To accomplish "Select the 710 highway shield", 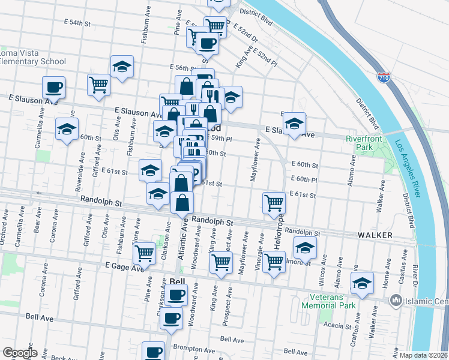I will (x=383, y=78).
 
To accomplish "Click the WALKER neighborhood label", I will (x=375, y=235).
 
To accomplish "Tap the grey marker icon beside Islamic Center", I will (x=396, y=299).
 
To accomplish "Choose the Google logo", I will (x=20, y=352).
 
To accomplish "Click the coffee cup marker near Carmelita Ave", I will (x=53, y=86).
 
